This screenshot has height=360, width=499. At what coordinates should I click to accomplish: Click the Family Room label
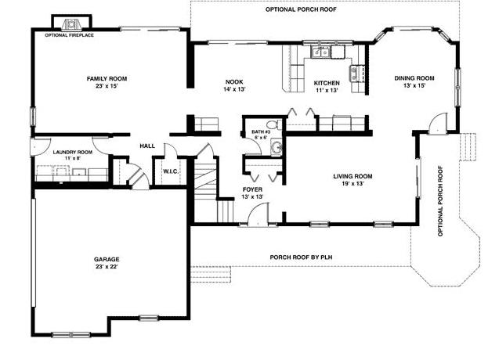click(x=107, y=78)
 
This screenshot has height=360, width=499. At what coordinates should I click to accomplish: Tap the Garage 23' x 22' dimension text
click(x=107, y=267)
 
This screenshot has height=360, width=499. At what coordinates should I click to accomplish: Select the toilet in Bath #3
click(x=273, y=124)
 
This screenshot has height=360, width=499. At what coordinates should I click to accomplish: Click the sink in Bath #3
click(x=277, y=148)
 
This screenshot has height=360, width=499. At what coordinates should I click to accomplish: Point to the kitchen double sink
click(x=320, y=52)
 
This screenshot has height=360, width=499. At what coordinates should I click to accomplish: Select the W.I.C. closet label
click(x=172, y=171)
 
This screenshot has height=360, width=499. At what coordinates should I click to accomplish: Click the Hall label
click(x=147, y=146)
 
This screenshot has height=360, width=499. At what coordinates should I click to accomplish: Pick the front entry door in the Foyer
click(x=258, y=214)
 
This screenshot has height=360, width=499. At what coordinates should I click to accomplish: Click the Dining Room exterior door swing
click(x=438, y=123)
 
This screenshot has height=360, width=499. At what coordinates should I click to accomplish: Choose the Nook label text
click(x=234, y=82)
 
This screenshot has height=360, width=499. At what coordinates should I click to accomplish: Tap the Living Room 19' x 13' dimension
click(x=353, y=184)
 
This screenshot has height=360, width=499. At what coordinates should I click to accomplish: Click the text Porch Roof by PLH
click(x=301, y=257)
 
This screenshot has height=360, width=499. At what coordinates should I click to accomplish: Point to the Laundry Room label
click(x=73, y=152)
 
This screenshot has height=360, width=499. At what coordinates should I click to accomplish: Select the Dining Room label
click(x=414, y=78)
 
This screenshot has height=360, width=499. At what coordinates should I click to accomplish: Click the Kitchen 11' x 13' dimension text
click(x=327, y=90)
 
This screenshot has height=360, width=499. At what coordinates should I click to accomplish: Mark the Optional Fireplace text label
click(x=70, y=35)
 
